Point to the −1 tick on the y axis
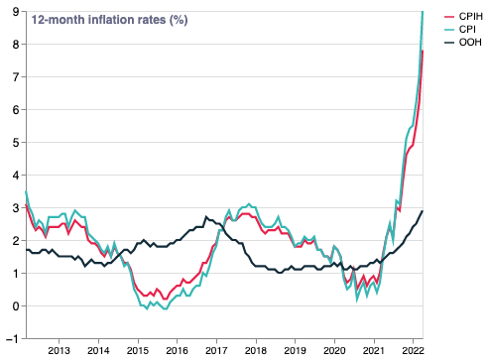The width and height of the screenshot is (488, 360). [12, 338]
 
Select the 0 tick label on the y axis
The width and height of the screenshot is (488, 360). [14, 305]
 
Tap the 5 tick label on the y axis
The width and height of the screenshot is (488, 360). [14, 142]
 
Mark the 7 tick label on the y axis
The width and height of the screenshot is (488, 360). [14, 76]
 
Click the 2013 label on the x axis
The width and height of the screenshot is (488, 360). [58, 351]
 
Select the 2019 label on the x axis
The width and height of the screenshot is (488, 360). [295, 351]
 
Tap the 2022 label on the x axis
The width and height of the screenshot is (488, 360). [414, 351]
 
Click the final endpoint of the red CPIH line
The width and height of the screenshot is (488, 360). [424, 51]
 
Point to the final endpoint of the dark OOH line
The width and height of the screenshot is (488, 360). [424, 210]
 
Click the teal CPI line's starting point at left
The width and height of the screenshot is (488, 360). [26, 191]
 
